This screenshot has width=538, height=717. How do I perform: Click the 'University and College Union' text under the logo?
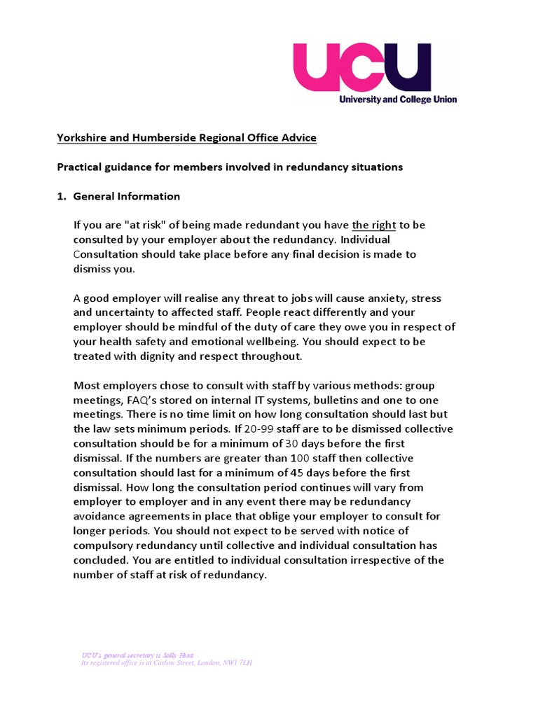click(x=397, y=99)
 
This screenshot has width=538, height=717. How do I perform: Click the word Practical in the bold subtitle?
click(x=81, y=167)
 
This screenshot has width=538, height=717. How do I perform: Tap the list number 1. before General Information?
click(x=62, y=196)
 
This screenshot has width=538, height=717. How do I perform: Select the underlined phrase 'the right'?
click(x=373, y=225)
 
